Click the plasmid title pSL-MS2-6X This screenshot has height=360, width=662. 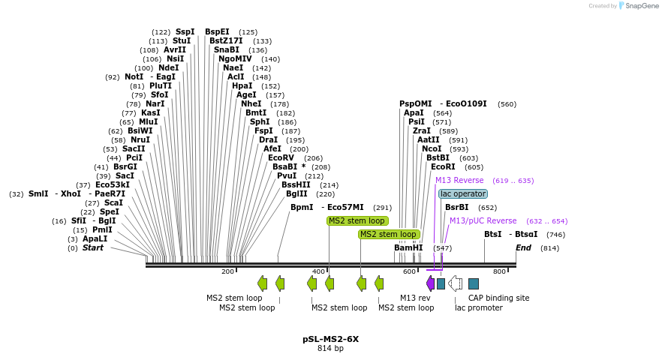click(x=330, y=339)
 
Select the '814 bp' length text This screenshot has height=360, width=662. click(x=330, y=349)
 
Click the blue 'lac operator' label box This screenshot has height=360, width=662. click(x=463, y=193)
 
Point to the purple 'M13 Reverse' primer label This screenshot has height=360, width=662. click(x=459, y=180)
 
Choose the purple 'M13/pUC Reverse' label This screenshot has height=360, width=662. click(x=483, y=220)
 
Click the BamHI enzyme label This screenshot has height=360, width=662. click(x=408, y=247)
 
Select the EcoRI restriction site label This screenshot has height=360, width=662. click(x=443, y=167)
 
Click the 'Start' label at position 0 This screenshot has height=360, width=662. click(x=93, y=247)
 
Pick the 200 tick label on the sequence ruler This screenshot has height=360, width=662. click(x=227, y=271)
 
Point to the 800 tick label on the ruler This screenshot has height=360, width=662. click(x=499, y=271)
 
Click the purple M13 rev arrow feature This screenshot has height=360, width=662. click(x=430, y=283)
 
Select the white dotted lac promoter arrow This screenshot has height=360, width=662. click(x=455, y=283)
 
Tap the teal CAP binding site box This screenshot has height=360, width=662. click(x=474, y=283)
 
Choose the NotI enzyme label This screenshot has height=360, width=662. click(x=134, y=76)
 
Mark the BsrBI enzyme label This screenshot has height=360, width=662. click(x=456, y=207)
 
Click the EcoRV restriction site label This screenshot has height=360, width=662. click(x=281, y=157)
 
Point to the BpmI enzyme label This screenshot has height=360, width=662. click(x=302, y=207)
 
